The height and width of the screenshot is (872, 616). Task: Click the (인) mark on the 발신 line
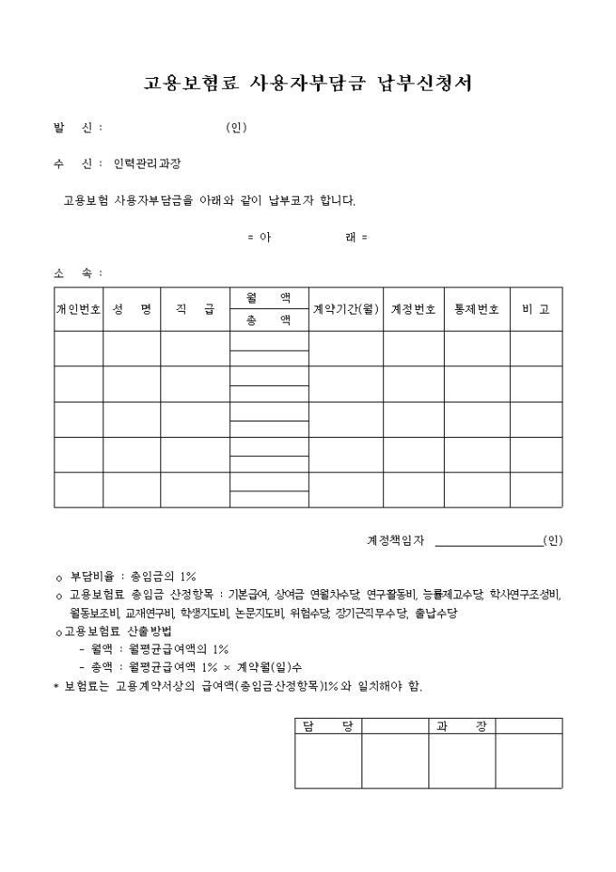(x=236, y=128)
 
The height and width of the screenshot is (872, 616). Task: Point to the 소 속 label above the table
(x=78, y=273)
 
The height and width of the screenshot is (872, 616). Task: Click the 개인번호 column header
(x=79, y=309)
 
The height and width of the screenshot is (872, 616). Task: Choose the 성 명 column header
(x=131, y=309)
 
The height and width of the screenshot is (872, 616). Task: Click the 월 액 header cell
(x=268, y=297)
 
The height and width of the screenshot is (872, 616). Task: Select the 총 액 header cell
(x=268, y=320)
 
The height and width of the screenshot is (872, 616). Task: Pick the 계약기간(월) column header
(x=345, y=309)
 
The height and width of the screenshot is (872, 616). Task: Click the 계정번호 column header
(x=413, y=309)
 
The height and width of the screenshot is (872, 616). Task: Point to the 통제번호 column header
(x=476, y=309)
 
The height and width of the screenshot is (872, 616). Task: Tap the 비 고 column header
(x=535, y=309)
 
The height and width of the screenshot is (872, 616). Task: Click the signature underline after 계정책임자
(x=489, y=544)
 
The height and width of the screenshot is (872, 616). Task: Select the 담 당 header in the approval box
(x=328, y=726)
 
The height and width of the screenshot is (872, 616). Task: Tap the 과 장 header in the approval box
(x=461, y=726)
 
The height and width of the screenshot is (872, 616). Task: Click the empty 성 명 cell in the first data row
(x=131, y=349)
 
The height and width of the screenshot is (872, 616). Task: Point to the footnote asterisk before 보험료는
(x=56, y=687)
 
